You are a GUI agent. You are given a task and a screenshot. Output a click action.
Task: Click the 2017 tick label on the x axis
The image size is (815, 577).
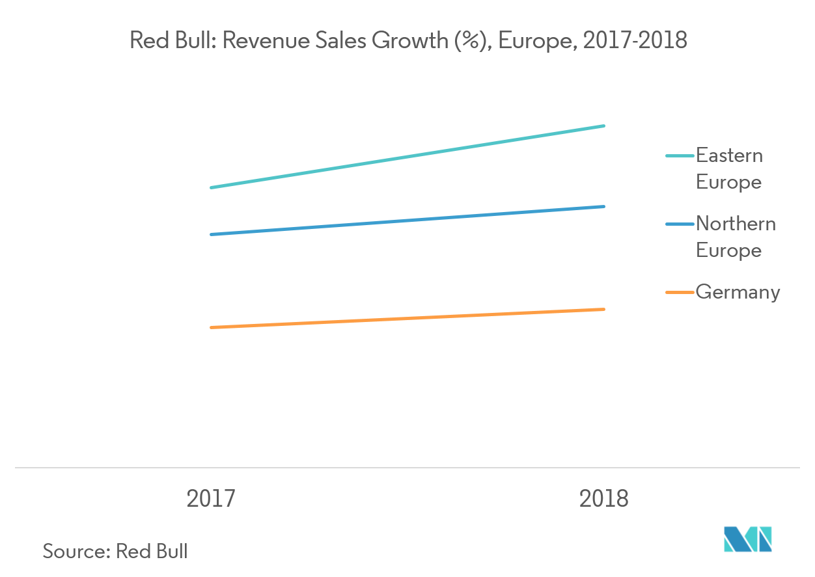[x=211, y=499]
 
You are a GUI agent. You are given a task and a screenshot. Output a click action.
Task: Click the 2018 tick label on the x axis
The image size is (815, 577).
[x=604, y=499]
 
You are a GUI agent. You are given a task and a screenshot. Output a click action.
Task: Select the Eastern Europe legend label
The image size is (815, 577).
[x=729, y=168]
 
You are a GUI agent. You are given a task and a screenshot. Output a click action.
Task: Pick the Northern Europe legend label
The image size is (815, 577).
[x=736, y=237]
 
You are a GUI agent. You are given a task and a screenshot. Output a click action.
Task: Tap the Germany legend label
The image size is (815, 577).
[x=738, y=292]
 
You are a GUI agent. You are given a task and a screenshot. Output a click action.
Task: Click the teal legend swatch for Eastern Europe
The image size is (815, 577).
[x=680, y=156]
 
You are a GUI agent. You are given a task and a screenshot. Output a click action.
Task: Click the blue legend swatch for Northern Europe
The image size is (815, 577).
[x=680, y=224]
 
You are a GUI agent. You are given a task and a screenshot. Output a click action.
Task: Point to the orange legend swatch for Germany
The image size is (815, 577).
[x=680, y=293]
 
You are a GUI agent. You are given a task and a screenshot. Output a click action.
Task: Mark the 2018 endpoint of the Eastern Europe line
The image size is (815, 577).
[x=604, y=126]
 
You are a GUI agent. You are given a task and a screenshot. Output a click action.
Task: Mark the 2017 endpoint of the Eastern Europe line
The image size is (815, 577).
[x=211, y=187]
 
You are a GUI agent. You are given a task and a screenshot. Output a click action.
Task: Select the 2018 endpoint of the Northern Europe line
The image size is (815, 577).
[x=604, y=207]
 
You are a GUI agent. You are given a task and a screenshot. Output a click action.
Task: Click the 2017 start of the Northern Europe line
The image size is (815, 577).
[x=211, y=234]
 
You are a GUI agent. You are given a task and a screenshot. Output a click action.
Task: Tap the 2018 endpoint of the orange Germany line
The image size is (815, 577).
[x=604, y=309]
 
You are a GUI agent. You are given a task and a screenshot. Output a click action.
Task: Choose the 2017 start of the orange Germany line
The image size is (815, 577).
[x=211, y=327]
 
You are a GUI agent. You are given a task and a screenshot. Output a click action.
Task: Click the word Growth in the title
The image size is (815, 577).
[x=414, y=40]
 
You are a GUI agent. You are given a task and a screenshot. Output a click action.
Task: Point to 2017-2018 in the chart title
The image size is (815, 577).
[x=635, y=40]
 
